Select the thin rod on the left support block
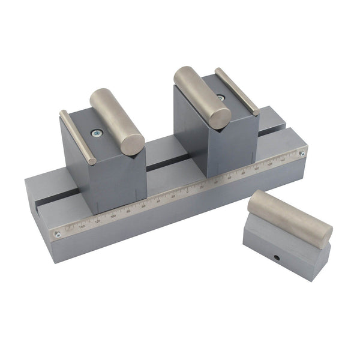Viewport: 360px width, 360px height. (77, 137)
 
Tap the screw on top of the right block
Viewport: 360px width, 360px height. (221, 96)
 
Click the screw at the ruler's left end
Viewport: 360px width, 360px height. (57, 235)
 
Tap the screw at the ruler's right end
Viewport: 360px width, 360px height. (302, 154)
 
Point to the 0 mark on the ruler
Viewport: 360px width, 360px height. (188, 191)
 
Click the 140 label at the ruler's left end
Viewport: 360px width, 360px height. (82, 226)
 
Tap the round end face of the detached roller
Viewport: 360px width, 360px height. (324, 235)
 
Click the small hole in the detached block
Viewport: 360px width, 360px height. (278, 259)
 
